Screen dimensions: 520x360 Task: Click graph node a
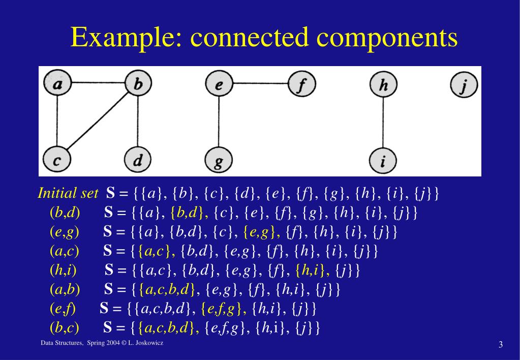point(58,83)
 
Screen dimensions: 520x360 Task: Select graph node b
point(138,83)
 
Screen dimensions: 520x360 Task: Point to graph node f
point(302,83)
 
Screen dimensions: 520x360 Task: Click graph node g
point(219,160)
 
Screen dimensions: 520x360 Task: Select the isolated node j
point(464,84)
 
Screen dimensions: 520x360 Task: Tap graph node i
point(383,161)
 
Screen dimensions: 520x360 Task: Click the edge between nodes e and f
point(260,83)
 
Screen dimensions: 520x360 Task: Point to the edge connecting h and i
point(383,123)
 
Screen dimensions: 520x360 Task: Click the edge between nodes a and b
point(98,82)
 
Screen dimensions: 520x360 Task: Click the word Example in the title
point(127,37)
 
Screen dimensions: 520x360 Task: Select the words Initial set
point(68,193)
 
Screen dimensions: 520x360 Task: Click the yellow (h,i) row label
point(64,270)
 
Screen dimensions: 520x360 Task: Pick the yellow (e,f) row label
point(63,309)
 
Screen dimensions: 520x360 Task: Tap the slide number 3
point(501,344)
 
